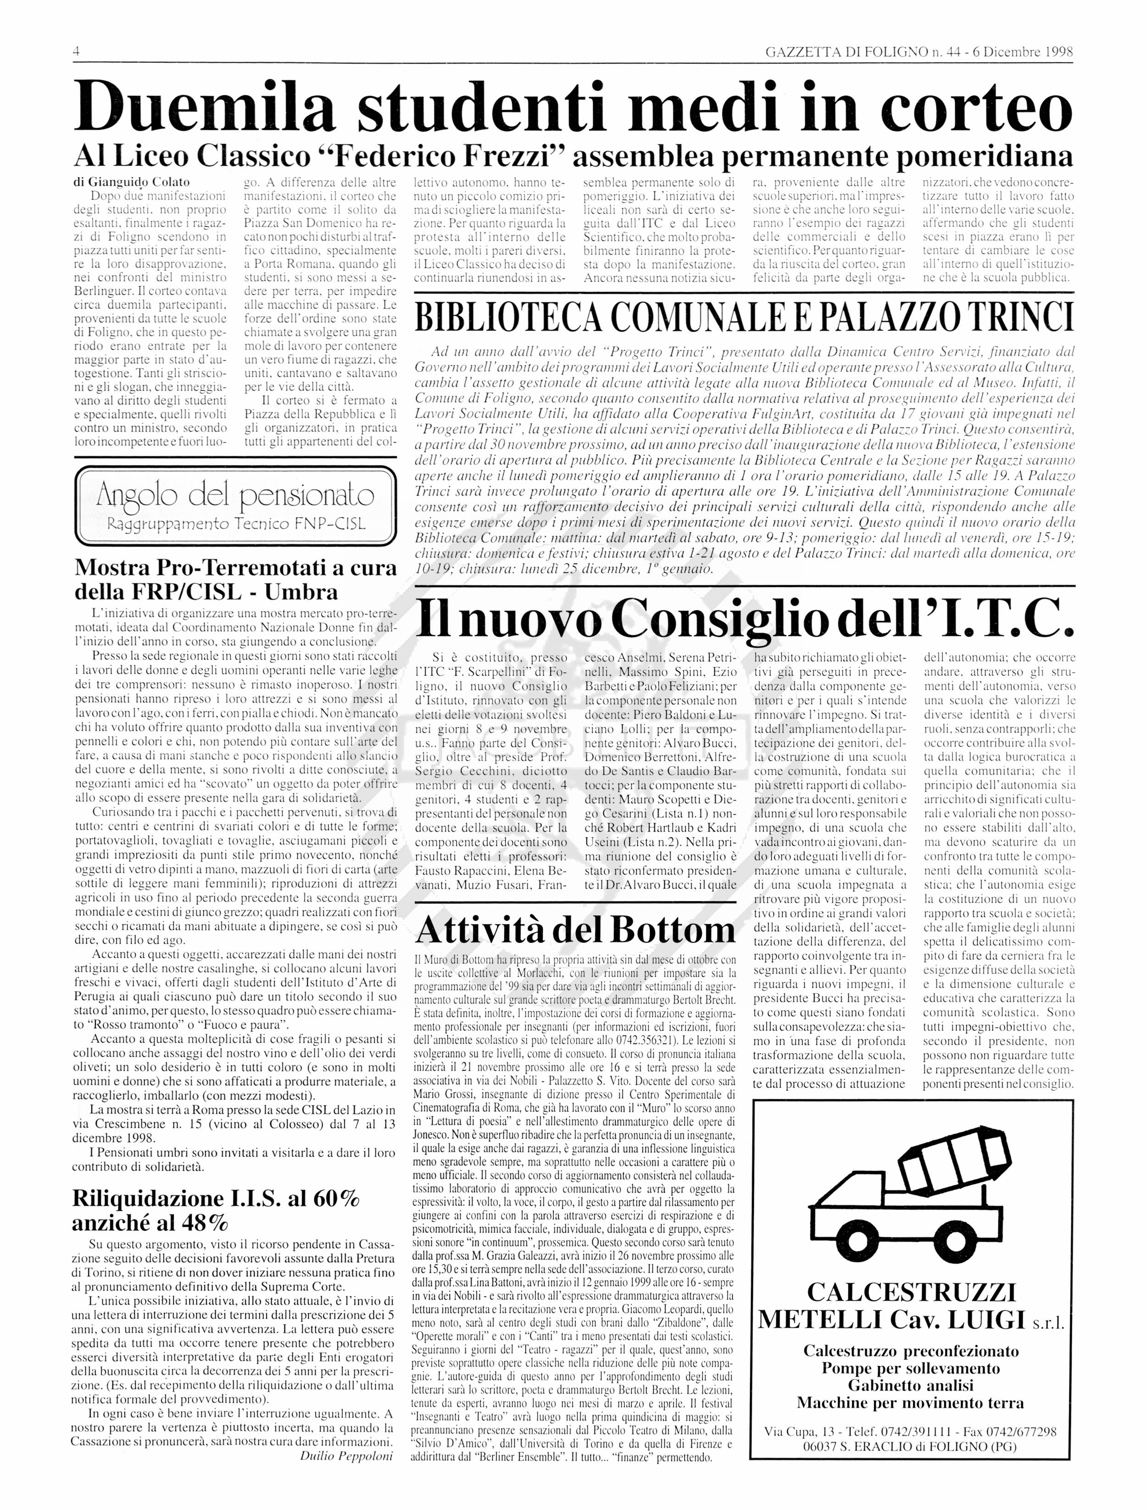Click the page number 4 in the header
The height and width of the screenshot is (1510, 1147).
pyautogui.click(x=77, y=52)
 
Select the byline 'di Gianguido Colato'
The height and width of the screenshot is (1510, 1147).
pyautogui.click(x=132, y=182)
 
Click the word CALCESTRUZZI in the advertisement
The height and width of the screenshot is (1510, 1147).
pyautogui.click(x=912, y=1292)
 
